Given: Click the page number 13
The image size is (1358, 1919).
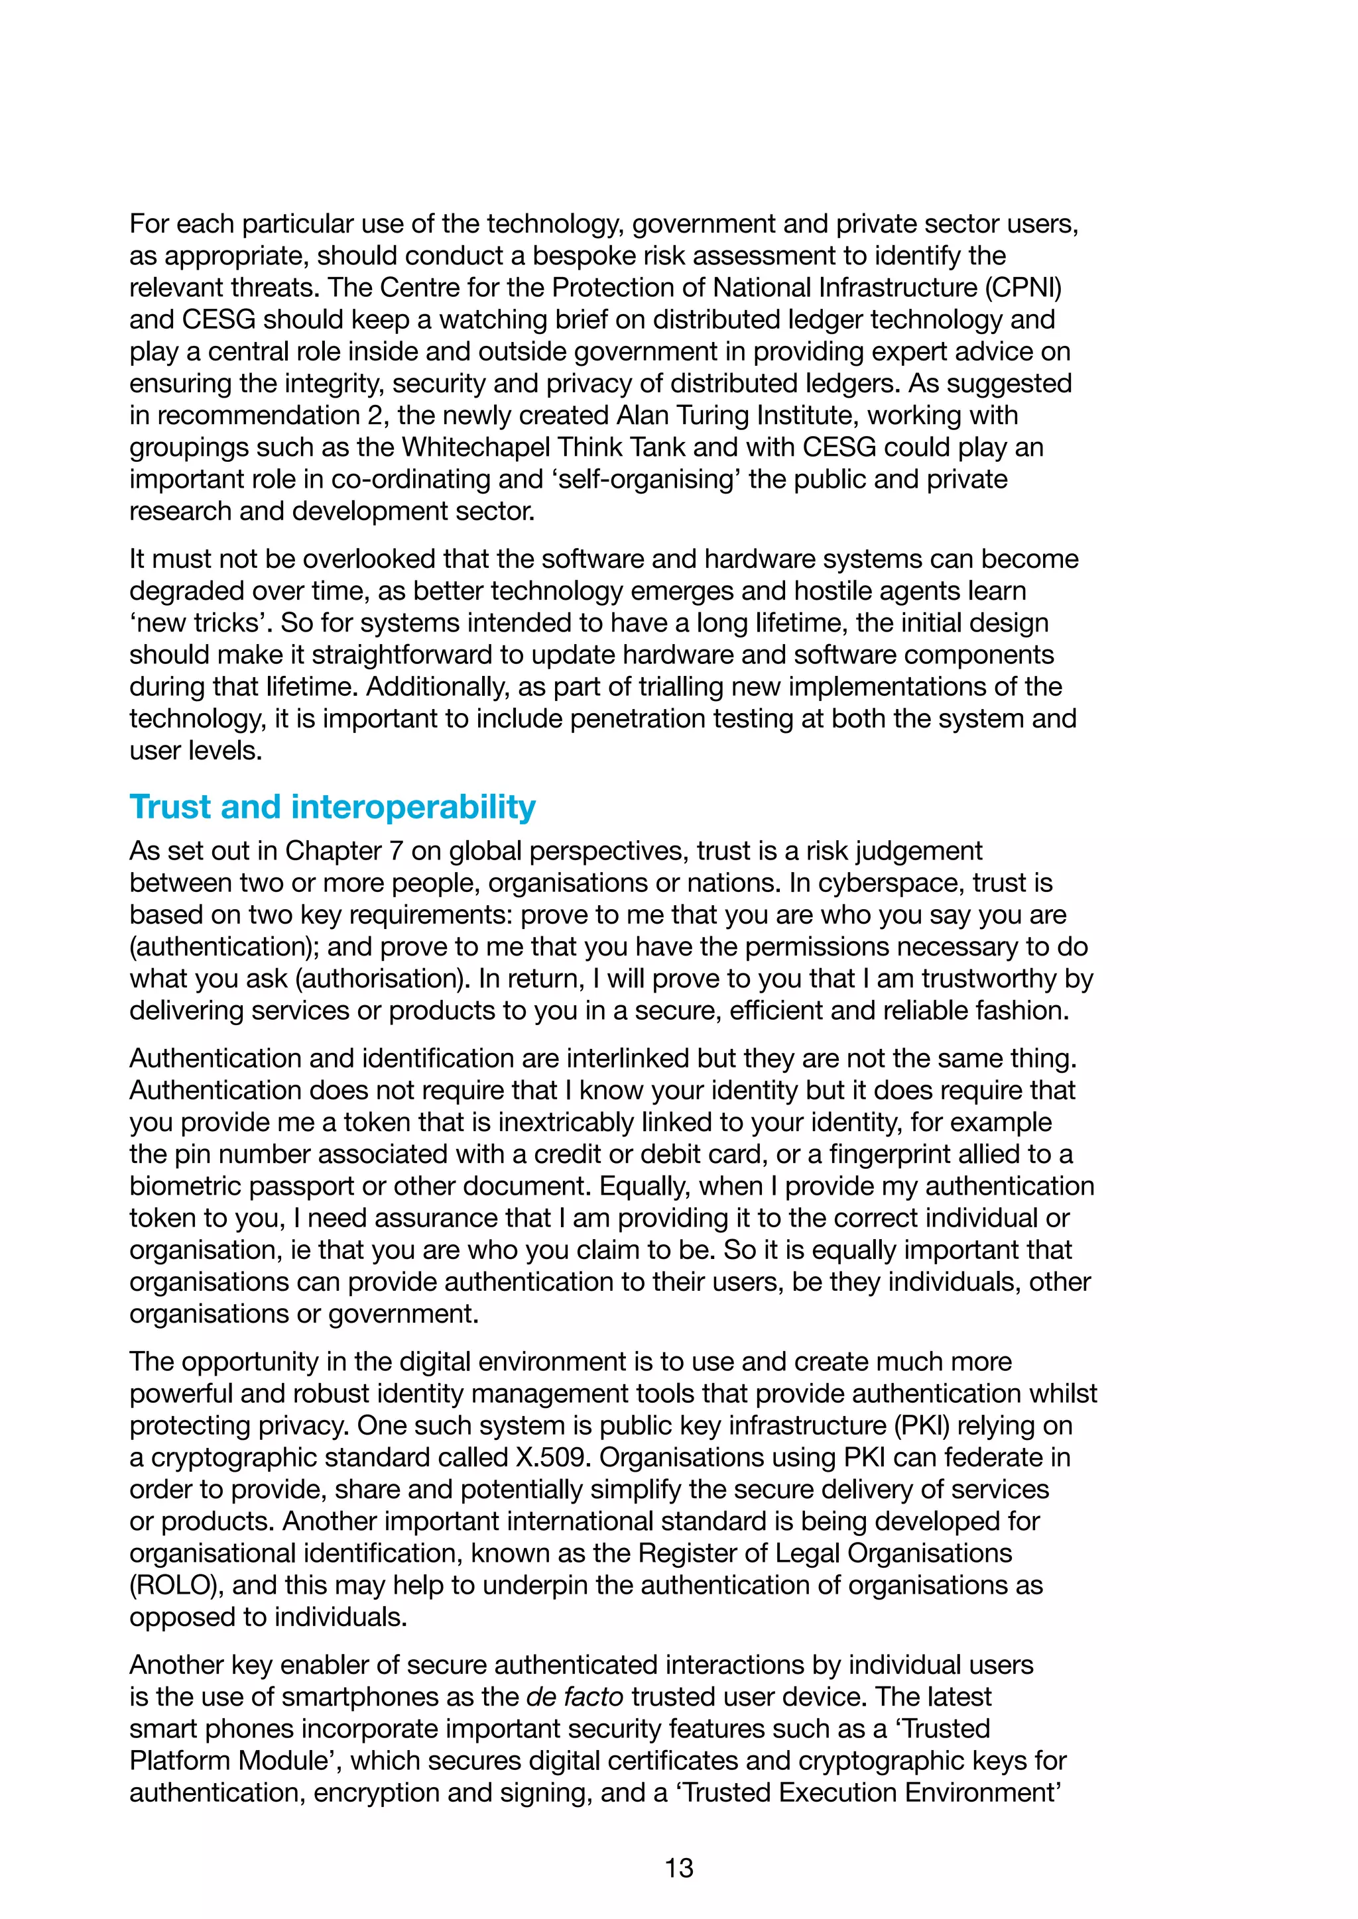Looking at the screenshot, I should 678,1867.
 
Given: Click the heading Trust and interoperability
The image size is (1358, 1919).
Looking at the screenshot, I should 332,806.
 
